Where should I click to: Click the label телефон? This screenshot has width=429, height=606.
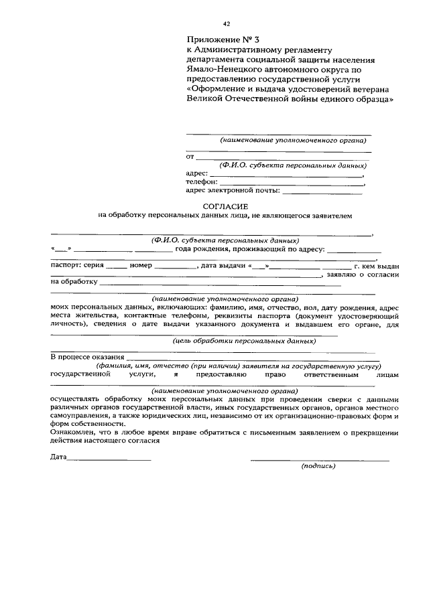click(202, 181)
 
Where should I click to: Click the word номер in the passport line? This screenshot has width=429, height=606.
click(142, 266)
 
